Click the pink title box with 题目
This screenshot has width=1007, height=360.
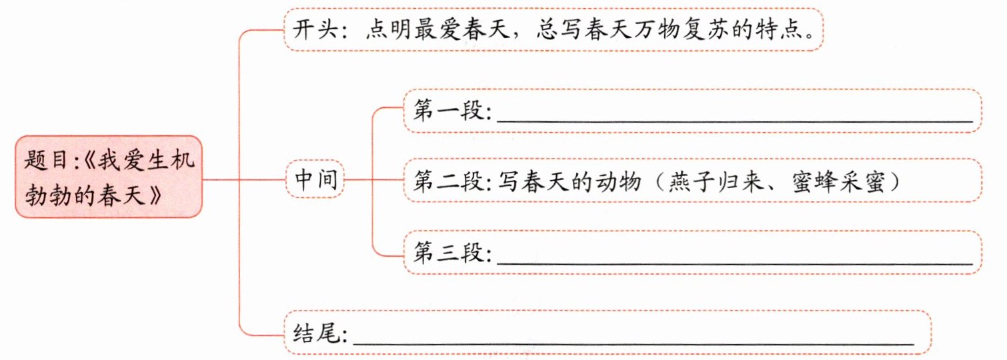pos(109,177)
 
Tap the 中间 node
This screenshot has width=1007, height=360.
pos(315,179)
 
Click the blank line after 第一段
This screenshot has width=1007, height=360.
pos(734,121)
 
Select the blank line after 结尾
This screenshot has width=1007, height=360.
pos(634,345)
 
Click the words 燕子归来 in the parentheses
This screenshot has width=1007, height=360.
pos(716,181)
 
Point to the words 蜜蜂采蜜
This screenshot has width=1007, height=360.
pos(839,181)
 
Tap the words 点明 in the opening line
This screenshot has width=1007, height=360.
pos(389,30)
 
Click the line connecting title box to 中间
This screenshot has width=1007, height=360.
pos(244,180)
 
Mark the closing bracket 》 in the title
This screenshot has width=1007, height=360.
pos(155,196)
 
